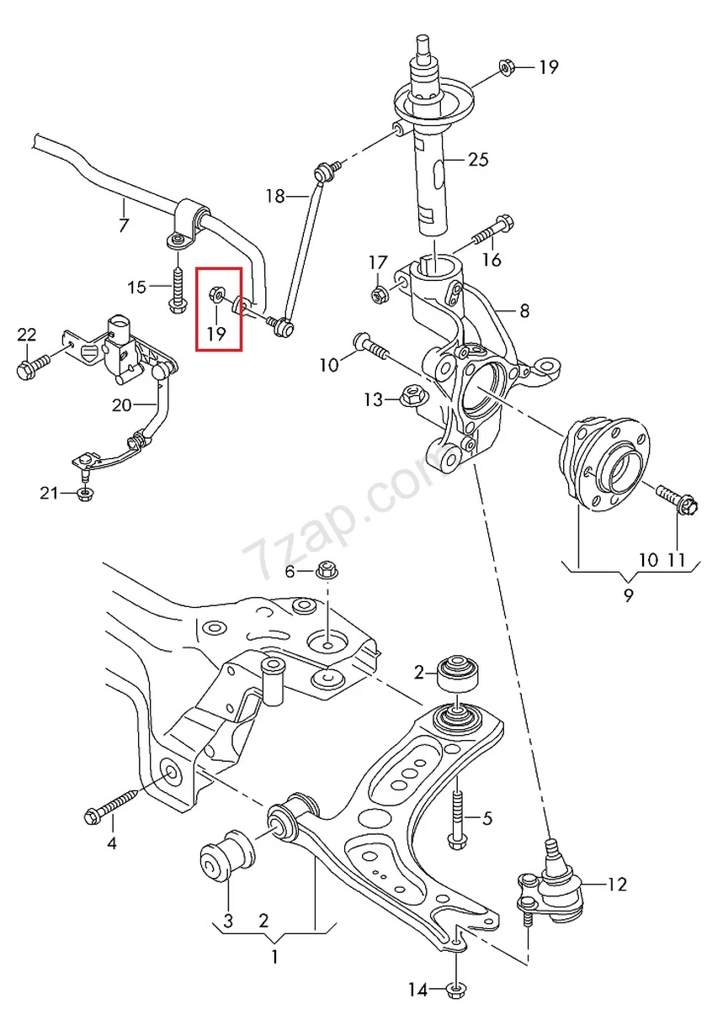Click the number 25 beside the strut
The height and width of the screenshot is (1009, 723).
click(477, 159)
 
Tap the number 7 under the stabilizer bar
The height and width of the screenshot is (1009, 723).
click(124, 225)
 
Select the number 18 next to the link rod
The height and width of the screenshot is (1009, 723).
click(275, 197)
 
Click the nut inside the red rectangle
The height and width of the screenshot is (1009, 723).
click(215, 294)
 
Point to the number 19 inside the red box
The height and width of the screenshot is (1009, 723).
click(217, 333)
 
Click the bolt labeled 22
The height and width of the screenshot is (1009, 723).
click(29, 367)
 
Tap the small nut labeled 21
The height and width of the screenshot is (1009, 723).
click(83, 494)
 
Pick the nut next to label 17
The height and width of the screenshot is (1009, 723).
click(379, 293)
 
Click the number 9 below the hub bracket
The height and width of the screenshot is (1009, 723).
click(628, 595)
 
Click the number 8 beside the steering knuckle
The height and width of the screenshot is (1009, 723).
click(524, 311)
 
